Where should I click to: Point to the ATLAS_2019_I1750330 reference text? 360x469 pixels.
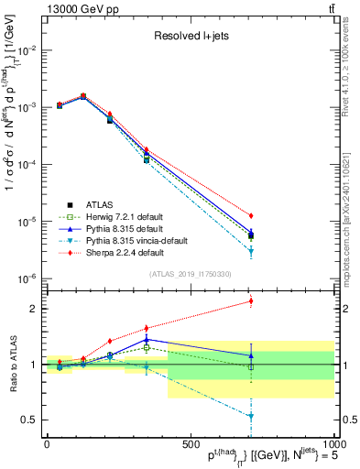pos(189,274)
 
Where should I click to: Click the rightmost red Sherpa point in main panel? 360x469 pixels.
pos(251,215)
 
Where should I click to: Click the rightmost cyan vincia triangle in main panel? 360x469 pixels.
pos(251,251)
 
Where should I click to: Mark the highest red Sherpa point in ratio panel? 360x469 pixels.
pos(251,300)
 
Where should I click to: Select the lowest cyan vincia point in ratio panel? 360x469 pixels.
pos(251,417)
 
